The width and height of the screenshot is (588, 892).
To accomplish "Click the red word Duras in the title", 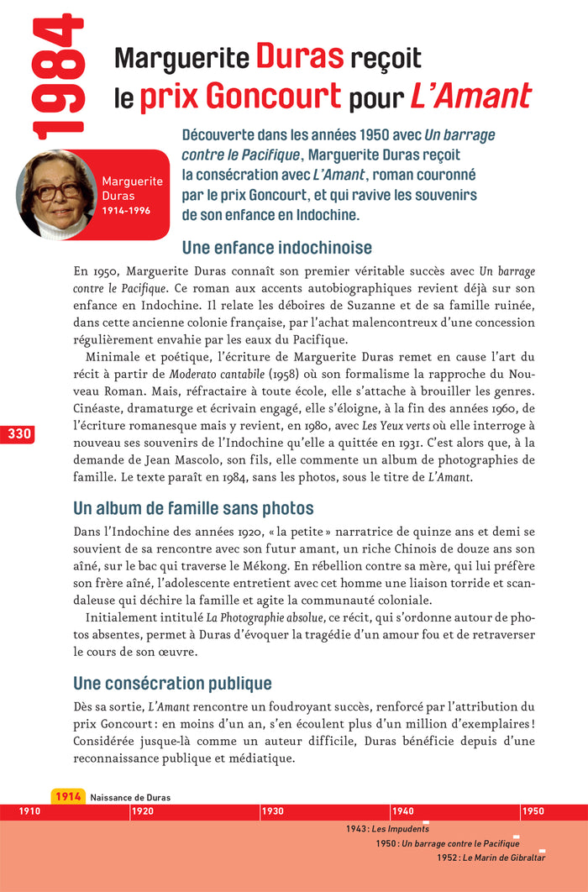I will tap(300, 58).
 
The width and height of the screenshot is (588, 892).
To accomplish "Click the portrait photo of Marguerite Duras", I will tap(55, 194).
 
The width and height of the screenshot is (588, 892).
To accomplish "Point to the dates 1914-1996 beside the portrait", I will tap(126, 211).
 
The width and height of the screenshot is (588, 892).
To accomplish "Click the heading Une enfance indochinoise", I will tap(276, 249).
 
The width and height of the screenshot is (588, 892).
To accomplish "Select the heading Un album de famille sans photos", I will tap(193, 508).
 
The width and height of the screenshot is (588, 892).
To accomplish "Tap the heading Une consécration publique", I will tap(172, 684).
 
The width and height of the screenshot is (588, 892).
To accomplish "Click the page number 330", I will tap(18, 434).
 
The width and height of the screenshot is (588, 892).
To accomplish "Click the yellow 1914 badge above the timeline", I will tap(68, 797).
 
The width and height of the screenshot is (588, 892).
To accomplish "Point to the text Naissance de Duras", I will tap(130, 798).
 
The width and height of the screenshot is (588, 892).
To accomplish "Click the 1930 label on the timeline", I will tap(272, 812).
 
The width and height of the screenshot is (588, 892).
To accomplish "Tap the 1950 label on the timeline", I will tap(533, 812).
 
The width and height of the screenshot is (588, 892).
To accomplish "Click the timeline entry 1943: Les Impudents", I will tap(387, 829).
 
